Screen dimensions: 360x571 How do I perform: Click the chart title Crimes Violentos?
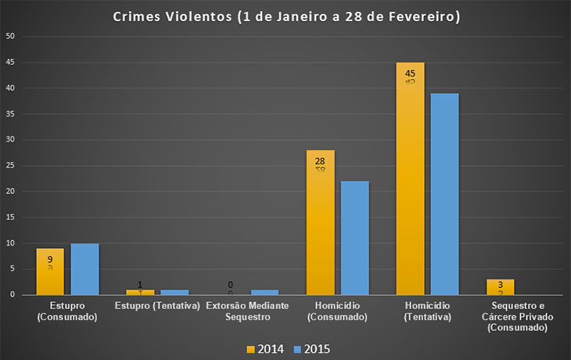tap(285, 16)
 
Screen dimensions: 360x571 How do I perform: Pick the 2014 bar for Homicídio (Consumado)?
tap(320, 222)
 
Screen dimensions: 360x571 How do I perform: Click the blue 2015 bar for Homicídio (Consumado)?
tap(354, 238)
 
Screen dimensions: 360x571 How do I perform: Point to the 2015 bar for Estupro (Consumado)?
tap(84, 269)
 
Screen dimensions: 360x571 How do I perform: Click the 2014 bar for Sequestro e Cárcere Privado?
tap(500, 287)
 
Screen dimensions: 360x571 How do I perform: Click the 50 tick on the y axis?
tap(9, 37)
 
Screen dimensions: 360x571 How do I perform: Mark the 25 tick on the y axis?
tap(9, 166)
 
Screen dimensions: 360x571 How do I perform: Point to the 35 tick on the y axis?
tap(9, 114)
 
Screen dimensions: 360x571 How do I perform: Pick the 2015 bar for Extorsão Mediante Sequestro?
tap(264, 292)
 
